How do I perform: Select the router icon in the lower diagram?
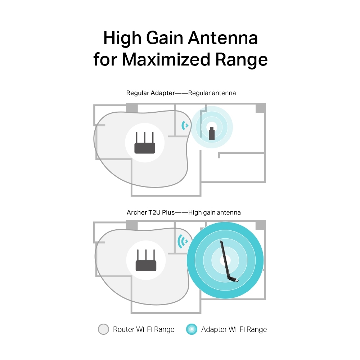(146, 260)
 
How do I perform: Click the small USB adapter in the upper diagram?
(212, 134)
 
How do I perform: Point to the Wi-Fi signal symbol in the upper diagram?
(185, 125)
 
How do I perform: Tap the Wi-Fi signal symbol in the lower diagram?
(183, 241)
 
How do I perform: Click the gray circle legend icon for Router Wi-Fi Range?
(103, 329)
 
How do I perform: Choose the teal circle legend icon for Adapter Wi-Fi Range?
(192, 329)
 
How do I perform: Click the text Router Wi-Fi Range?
(144, 329)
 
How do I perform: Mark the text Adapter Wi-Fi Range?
(234, 329)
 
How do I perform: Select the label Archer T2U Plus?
(150, 212)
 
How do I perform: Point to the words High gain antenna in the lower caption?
(214, 212)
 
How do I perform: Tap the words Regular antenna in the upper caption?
(212, 93)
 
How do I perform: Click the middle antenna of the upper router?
(145, 138)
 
